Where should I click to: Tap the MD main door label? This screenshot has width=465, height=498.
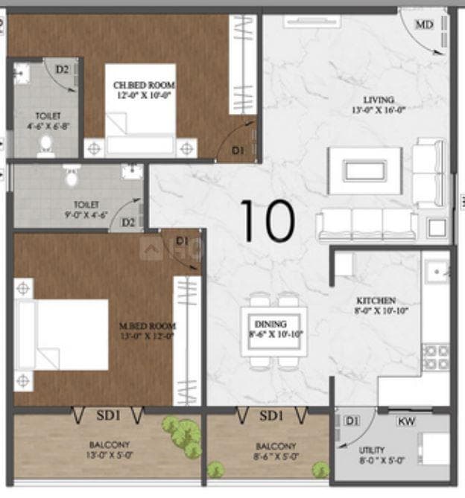point(424,25)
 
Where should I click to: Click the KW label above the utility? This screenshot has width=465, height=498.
point(407,422)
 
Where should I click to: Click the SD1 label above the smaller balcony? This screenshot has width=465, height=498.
point(272,415)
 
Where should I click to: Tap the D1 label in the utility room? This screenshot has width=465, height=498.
point(352,422)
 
